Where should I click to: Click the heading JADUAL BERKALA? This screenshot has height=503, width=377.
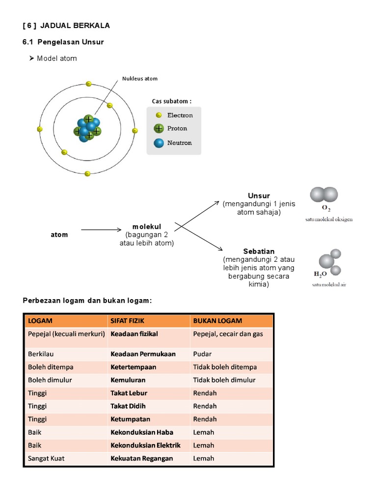coord(79,26)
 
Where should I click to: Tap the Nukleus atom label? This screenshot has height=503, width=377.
coord(140,79)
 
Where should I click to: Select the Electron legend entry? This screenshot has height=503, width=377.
coord(180,115)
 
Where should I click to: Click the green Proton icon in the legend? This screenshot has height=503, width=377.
coord(159,129)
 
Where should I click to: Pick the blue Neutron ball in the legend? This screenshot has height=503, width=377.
coord(159,143)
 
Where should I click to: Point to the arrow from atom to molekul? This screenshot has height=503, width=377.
coord(101,229)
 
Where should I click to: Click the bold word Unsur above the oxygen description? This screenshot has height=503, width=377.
coord(259,196)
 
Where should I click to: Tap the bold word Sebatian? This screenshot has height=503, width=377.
coord(259,251)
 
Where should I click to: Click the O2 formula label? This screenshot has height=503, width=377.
coord(326,208)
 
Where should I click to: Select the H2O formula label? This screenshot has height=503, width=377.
coord(321,274)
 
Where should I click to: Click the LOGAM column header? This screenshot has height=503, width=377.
coord(40,321)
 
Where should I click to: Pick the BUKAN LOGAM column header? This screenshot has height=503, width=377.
coord(217,321)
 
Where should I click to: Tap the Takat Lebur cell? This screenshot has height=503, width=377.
coord(129,393)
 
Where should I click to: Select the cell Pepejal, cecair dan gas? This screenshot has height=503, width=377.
coord(228,334)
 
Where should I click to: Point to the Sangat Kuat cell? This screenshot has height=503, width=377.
coord(46,458)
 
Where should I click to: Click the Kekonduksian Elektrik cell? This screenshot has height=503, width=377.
coord(145,446)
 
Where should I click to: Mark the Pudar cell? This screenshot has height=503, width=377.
coord(203,354)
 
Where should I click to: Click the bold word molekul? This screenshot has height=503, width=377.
coord(147,226)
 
